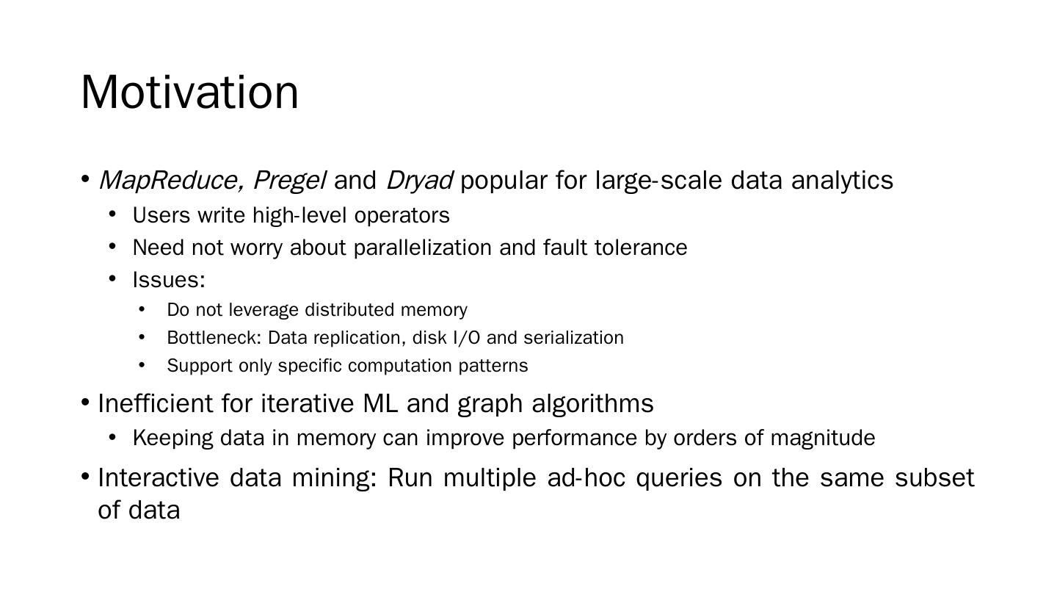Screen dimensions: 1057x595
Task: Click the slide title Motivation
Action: click(x=189, y=93)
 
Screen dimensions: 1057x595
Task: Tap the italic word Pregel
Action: click(x=289, y=181)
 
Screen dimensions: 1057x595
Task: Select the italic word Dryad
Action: click(x=418, y=181)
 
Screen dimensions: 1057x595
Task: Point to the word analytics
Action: click(x=842, y=181)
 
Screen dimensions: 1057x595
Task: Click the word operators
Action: click(x=402, y=216)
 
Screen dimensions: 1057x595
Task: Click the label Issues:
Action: click(x=169, y=280)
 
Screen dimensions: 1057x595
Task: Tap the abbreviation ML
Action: click(x=380, y=404)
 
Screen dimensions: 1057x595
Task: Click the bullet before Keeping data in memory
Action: click(x=112, y=438)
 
